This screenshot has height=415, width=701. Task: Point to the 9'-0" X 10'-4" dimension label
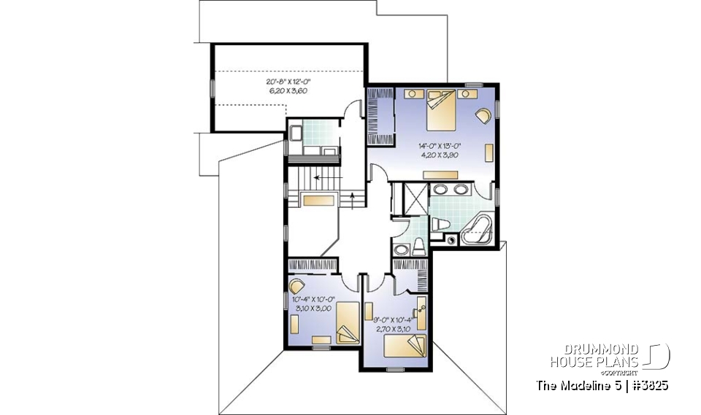[x=392, y=324]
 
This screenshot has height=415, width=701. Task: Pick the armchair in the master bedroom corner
[x=483, y=115]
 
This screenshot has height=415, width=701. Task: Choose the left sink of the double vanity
[x=440, y=189]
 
